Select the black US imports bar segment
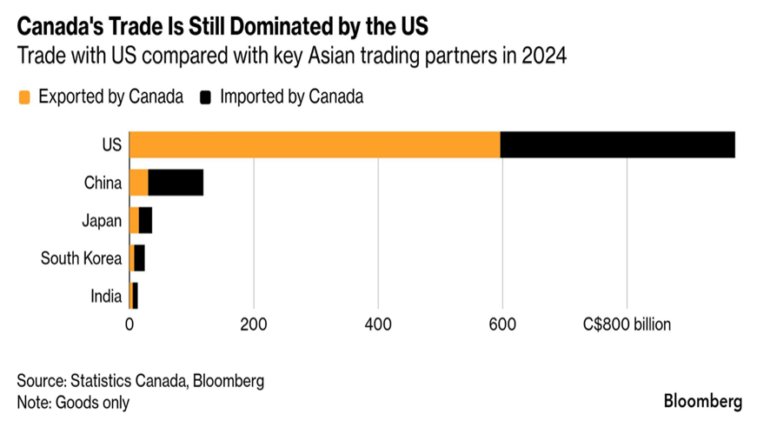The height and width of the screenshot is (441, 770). pos(618,144)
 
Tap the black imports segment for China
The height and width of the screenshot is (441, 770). pos(176,183)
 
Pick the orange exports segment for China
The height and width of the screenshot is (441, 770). pos(138,183)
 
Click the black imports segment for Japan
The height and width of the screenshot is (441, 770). pos(145,220)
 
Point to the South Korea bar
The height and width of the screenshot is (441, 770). pos(137,258)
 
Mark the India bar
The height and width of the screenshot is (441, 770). pos(133,296)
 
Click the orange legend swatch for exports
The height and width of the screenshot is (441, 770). pos(24,97)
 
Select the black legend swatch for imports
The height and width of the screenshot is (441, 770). pos(205,97)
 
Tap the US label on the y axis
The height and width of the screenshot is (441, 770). pos(111,144)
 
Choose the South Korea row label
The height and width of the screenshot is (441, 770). pos(80,258)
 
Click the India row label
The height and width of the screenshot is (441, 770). pos(106,297)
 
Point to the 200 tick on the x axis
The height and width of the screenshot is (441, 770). pos(254,326)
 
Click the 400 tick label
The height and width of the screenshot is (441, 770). pos(378,326)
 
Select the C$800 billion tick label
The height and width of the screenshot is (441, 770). pos(627,326)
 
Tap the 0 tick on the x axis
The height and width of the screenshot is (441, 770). pos(129,326)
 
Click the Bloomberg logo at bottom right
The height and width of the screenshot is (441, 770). pos(703,402)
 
